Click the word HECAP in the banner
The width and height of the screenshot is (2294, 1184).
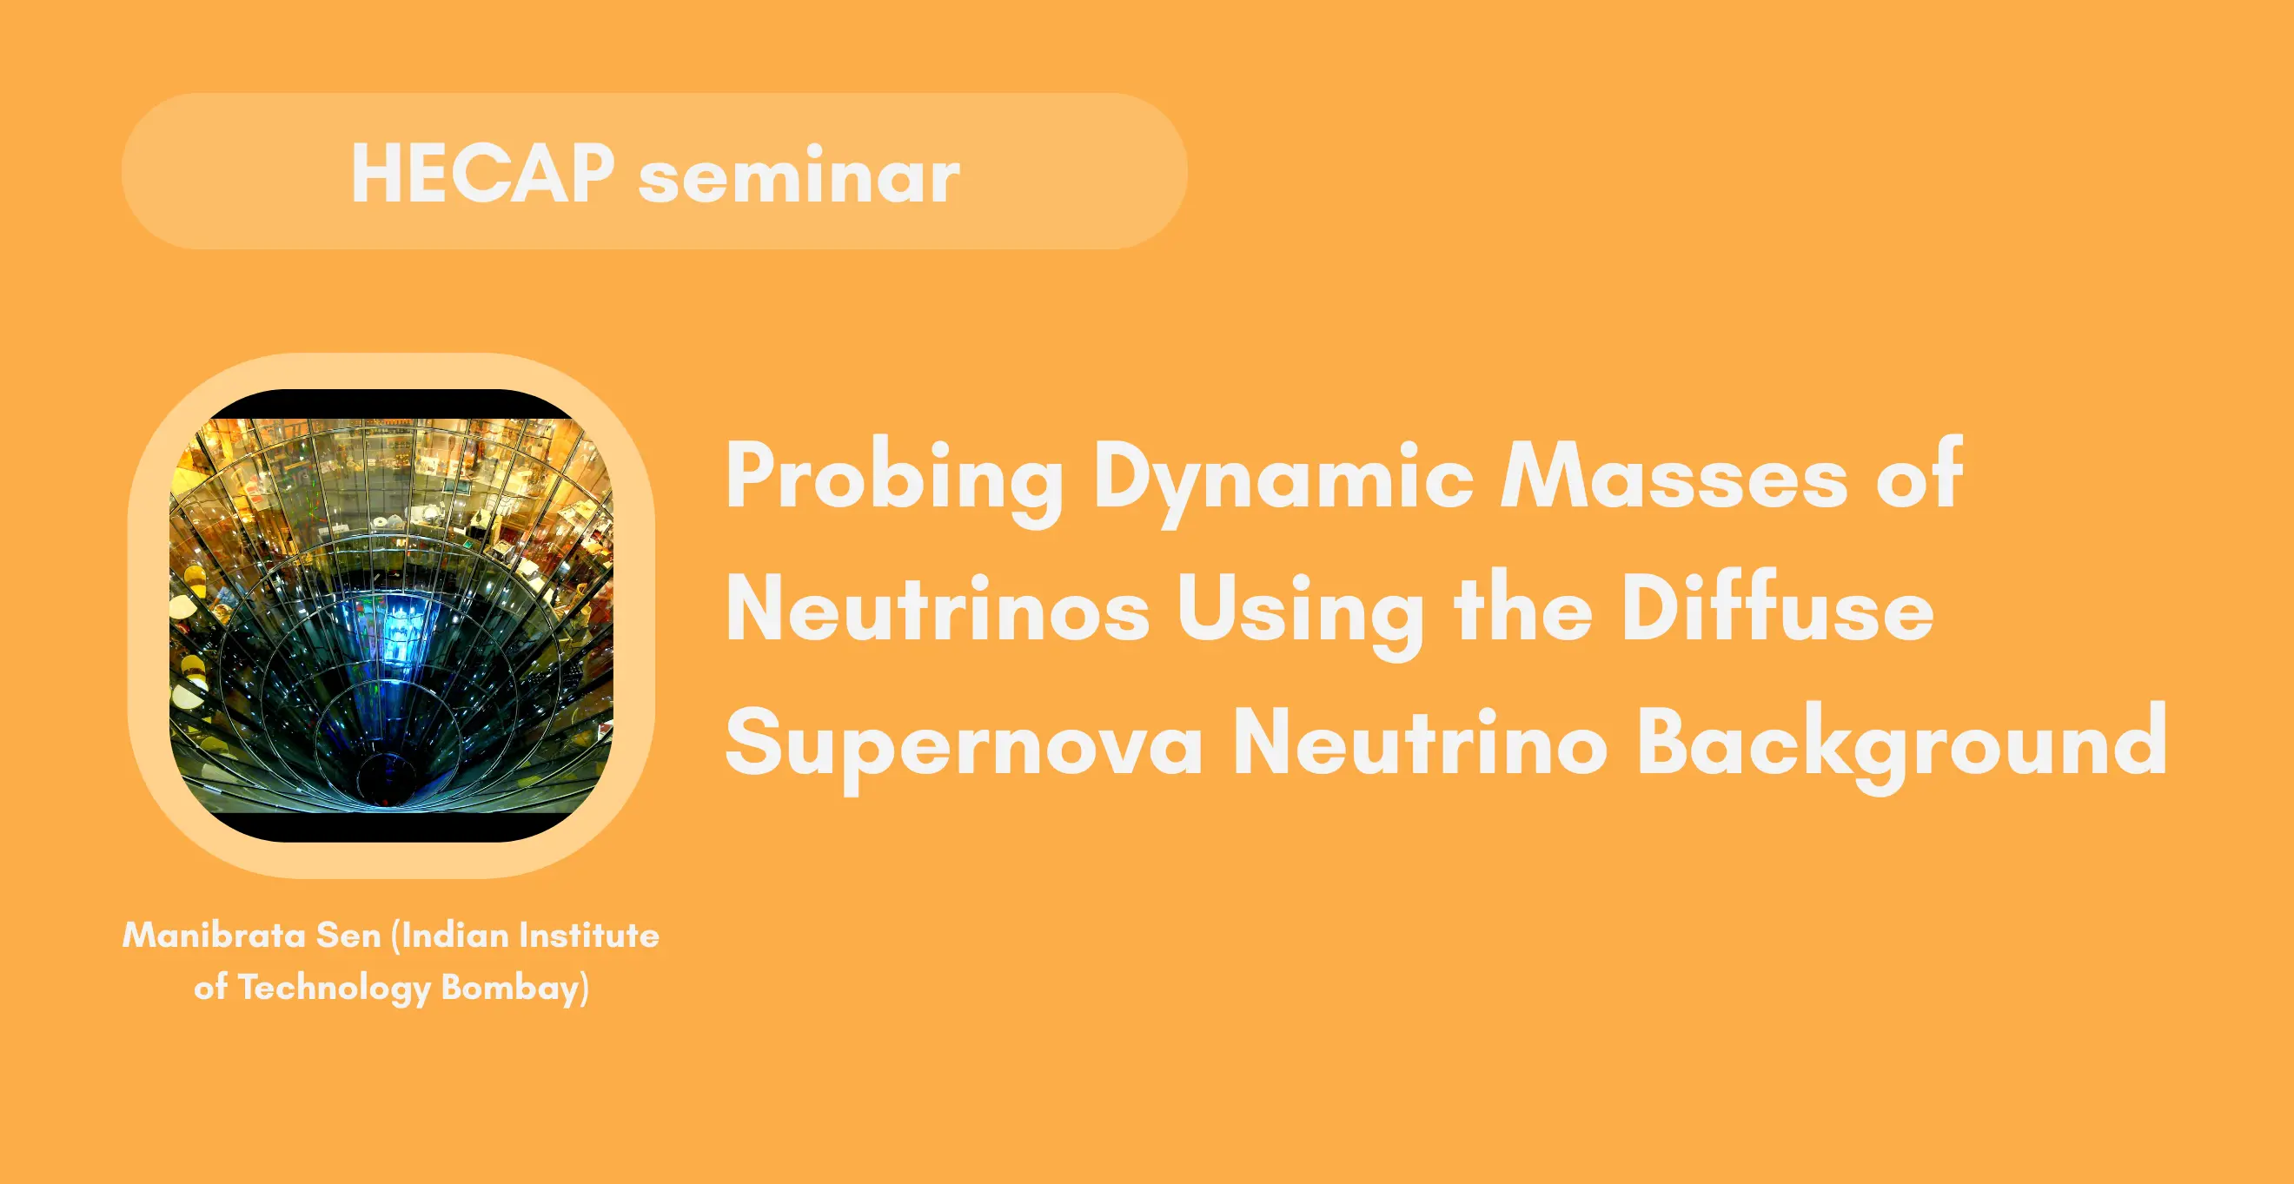482,174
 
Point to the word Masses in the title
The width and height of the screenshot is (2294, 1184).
1674,476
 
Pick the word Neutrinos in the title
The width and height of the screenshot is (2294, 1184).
938,608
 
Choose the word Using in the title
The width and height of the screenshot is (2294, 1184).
1300,613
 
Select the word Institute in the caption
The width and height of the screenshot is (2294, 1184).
588,935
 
